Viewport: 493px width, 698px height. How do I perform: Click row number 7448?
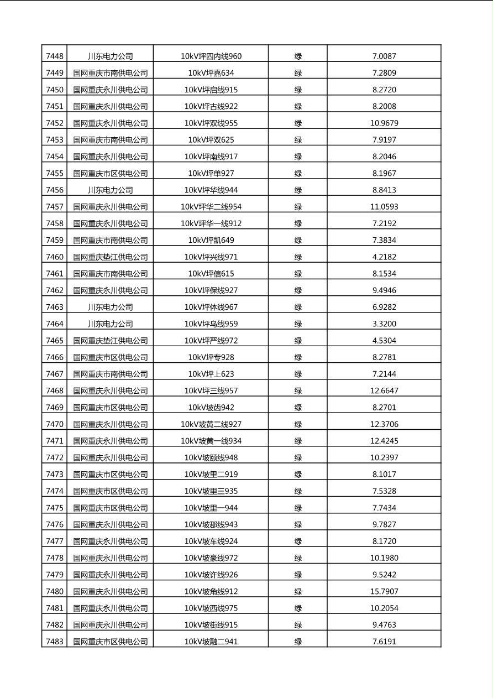point(54,56)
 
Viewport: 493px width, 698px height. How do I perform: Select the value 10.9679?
point(384,123)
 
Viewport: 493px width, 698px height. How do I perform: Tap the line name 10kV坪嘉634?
point(211,72)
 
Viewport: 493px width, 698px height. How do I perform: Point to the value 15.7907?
point(384,591)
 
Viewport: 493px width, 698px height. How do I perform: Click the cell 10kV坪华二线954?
point(211,206)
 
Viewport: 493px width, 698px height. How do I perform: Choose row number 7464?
point(54,324)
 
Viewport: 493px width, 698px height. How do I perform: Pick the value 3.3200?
point(384,324)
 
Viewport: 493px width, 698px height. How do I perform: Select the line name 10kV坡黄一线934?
point(211,441)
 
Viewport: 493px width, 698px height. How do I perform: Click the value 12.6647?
point(384,390)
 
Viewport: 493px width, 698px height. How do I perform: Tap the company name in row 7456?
point(110,190)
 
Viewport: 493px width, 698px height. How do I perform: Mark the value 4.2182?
point(384,257)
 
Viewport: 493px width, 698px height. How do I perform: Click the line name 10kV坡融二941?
point(211,642)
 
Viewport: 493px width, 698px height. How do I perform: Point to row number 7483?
point(54,642)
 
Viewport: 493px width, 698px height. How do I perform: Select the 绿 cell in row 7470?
point(298,424)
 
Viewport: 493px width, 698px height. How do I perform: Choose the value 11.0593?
point(384,206)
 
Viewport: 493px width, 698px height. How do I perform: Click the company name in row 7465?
point(110,340)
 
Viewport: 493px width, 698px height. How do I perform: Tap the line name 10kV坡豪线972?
point(211,558)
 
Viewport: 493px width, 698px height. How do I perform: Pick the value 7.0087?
point(384,56)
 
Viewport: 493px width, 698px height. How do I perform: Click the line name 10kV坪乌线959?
point(211,324)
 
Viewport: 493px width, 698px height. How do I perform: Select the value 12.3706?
point(384,424)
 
